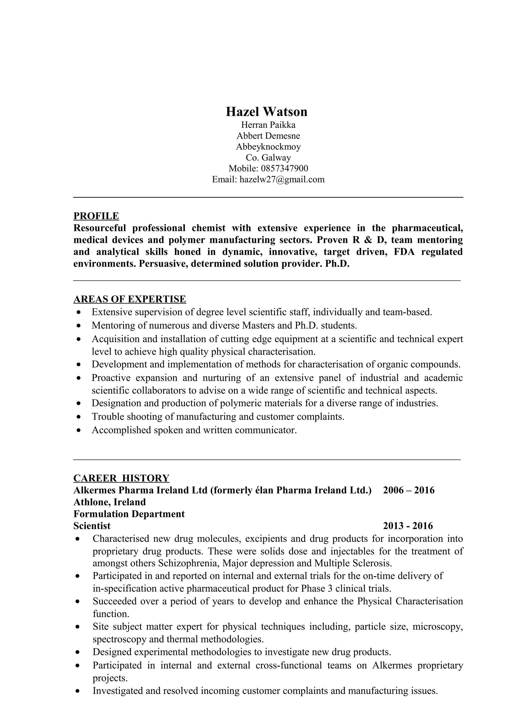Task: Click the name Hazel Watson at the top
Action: (x=266, y=112)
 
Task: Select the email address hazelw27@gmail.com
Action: (x=282, y=179)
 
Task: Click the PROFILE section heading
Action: (x=96, y=216)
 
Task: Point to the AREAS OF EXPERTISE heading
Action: (x=130, y=299)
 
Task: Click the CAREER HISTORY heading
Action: (x=121, y=478)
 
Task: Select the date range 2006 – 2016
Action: (x=408, y=490)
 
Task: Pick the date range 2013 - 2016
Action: (x=408, y=526)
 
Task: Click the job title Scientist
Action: (x=92, y=526)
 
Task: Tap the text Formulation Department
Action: (x=129, y=514)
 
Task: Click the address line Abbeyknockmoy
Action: (x=268, y=147)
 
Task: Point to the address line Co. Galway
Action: (x=268, y=157)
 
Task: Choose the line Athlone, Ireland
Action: (x=110, y=502)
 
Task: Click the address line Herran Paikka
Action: (x=268, y=125)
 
